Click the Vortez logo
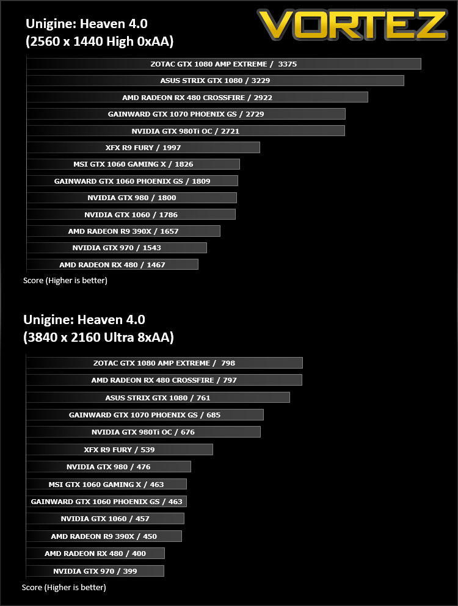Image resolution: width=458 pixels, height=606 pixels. pos(352,25)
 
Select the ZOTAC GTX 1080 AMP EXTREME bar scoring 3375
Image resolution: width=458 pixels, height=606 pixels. pos(224,63)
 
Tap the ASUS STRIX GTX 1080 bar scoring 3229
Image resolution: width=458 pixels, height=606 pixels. pos(216,81)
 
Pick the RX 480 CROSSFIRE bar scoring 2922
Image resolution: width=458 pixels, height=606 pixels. pos(197,98)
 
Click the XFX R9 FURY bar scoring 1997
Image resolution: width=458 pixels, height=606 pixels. pos(144,147)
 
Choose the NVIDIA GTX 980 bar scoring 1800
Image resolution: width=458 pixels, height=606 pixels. pos(132,198)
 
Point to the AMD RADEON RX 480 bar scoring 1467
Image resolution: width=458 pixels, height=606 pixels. pos(112,264)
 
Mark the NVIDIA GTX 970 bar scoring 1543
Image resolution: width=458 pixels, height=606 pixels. pos(117,248)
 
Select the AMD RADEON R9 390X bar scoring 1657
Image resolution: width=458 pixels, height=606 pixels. pos(123,231)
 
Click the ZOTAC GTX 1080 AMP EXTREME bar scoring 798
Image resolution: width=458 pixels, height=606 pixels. pos(164,363)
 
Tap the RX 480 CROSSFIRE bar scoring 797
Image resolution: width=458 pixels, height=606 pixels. pos(164,380)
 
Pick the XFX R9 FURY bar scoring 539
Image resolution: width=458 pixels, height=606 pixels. pos(120,450)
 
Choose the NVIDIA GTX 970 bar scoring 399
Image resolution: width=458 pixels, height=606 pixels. pos(95,571)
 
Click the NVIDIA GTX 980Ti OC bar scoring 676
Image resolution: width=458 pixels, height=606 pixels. pos(144,431)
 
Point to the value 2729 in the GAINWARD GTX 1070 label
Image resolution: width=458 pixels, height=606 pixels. pos(255,114)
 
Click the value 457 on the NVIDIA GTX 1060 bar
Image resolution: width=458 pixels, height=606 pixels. pos(142,519)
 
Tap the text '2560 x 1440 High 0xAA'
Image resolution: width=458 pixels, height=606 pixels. pos(100,41)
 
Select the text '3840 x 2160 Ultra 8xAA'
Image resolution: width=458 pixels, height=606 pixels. pos(99,337)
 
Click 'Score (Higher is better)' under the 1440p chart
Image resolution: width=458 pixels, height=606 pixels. pos(65,281)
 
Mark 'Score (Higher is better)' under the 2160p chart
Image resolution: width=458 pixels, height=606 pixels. pos(64,588)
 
